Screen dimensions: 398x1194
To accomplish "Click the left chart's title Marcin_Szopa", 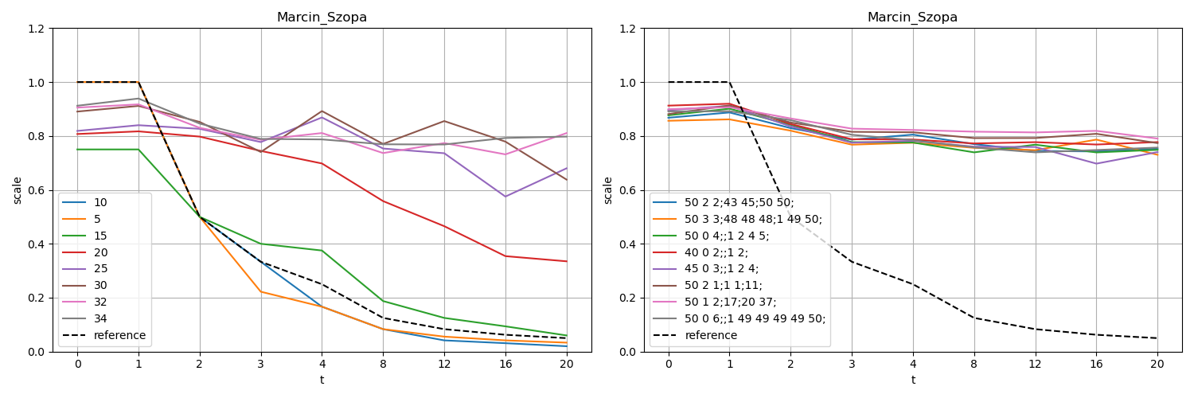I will pyautogui.click(x=322, y=18).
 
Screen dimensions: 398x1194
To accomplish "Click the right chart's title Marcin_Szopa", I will pyautogui.click(x=912, y=18).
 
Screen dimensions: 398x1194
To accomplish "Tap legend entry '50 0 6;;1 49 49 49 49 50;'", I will pyautogui.click(x=755, y=318).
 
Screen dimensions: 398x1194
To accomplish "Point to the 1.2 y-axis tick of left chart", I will pyautogui.click(x=37, y=29).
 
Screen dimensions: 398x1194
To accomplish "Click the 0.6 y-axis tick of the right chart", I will pyautogui.click(x=627, y=190).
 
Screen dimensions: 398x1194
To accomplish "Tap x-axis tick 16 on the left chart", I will pyautogui.click(x=505, y=364).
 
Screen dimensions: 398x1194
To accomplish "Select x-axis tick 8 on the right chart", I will pyautogui.click(x=974, y=364).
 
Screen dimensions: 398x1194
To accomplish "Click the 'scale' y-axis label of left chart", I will pyautogui.click(x=18, y=190).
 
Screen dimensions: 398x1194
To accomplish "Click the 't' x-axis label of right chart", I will pyautogui.click(x=912, y=380).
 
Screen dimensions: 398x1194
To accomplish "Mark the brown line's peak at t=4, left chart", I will pyautogui.click(x=322, y=111).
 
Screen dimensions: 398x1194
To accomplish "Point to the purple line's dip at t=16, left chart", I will pyautogui.click(x=505, y=197).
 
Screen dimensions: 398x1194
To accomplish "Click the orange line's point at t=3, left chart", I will pyautogui.click(x=260, y=291).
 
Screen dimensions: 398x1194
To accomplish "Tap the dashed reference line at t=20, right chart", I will pyautogui.click(x=1157, y=338).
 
